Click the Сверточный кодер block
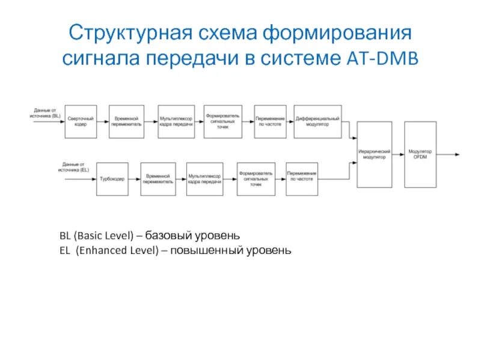click(81, 122)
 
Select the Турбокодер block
click(113, 179)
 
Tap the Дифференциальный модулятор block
click(317, 122)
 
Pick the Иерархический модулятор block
click(375, 154)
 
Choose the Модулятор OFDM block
click(420, 154)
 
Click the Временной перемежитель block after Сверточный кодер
click(127, 122)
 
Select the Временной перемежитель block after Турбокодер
click(159, 179)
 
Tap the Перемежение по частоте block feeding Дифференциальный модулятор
click(270, 122)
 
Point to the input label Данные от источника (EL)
click(75, 167)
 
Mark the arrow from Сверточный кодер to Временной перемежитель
click(103, 122)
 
